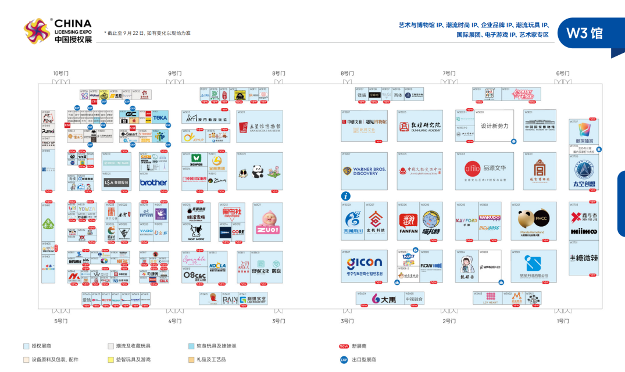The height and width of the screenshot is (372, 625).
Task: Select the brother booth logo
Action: point(153,183)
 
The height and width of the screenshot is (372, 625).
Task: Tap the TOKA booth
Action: point(160,117)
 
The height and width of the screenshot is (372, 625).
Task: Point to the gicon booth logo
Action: point(365,263)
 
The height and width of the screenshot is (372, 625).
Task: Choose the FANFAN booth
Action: point(408,221)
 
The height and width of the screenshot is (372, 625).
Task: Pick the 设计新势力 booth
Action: point(495,126)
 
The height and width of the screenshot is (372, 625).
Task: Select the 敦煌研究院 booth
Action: point(420,126)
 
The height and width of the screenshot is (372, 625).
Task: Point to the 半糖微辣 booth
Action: point(584,258)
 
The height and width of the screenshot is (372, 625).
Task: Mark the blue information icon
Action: point(345,196)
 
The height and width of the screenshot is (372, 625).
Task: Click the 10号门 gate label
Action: point(60,74)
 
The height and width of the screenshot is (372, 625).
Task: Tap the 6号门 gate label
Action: point(563,74)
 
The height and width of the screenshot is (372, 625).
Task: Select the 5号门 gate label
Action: point(61,321)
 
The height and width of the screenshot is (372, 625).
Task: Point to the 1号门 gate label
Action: point(563,321)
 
